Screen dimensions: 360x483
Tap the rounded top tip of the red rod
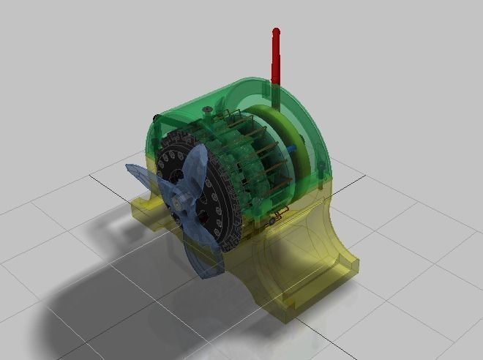pyautogui.click(x=276, y=31)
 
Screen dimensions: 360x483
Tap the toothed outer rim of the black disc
pyautogui.click(x=233, y=212)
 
